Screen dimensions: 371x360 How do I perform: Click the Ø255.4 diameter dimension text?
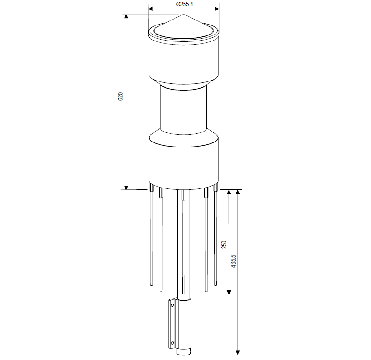pyautogui.click(x=185, y=4)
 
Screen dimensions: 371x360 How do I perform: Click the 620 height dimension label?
pyautogui.click(x=120, y=96)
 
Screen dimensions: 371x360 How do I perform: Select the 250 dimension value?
pyautogui.click(x=224, y=245)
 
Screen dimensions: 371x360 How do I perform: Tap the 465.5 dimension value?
pyautogui.click(x=233, y=261)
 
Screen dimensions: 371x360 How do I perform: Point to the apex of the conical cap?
pyautogui.click(x=184, y=15)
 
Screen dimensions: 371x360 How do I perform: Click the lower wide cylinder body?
pyautogui.click(x=184, y=163)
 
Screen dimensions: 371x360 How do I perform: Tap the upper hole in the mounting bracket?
pyautogui.click(x=172, y=305)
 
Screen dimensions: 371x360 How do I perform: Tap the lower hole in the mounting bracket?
pyautogui.click(x=172, y=343)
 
